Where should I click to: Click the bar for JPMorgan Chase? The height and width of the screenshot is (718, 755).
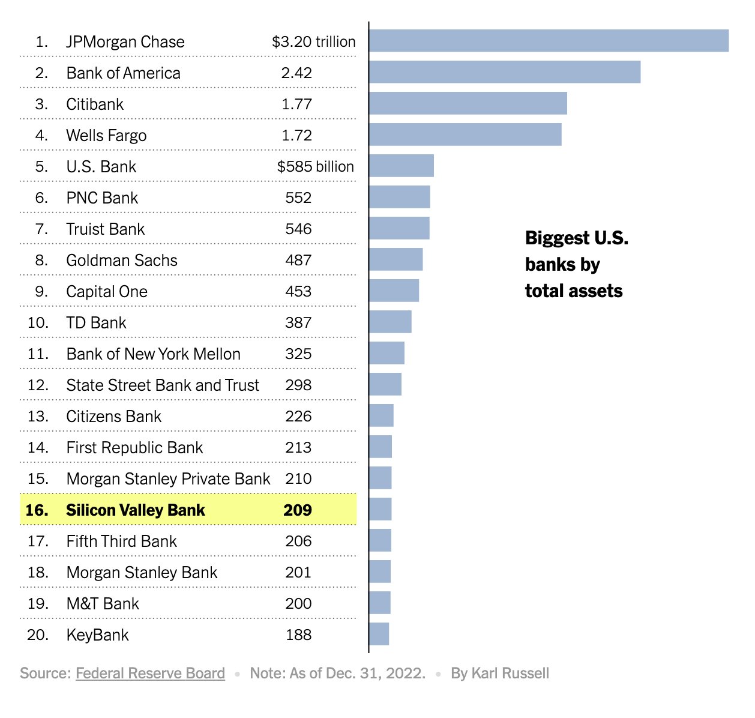pyautogui.click(x=549, y=41)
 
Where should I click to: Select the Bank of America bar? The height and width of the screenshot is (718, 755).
pyautogui.click(x=504, y=72)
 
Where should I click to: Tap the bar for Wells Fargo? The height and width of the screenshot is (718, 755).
pyautogui.click(x=465, y=134)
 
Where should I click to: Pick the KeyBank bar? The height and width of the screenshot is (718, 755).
pyautogui.click(x=379, y=634)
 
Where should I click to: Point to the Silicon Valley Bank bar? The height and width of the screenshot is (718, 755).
pyautogui.click(x=380, y=509)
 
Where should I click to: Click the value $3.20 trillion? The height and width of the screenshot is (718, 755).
pyautogui.click(x=313, y=41)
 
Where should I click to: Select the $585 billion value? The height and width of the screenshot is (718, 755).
pyautogui.click(x=315, y=166)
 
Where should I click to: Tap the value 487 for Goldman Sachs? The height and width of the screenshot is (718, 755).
pyautogui.click(x=298, y=260)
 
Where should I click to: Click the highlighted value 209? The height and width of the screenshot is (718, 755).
pyautogui.click(x=298, y=510)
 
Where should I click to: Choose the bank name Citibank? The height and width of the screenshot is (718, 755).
pyautogui.click(x=95, y=104)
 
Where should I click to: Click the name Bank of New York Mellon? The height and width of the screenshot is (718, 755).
pyautogui.click(x=153, y=354)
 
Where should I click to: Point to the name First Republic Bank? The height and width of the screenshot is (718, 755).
pyautogui.click(x=134, y=447)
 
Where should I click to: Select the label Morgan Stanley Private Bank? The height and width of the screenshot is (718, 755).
pyautogui.click(x=168, y=478)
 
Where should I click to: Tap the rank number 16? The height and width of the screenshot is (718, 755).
pyautogui.click(x=37, y=510)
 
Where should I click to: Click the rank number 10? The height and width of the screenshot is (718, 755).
pyautogui.click(x=38, y=322)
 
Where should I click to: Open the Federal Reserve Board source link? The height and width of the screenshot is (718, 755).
pyautogui.click(x=150, y=673)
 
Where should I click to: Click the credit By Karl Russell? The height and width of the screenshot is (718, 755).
pyautogui.click(x=500, y=673)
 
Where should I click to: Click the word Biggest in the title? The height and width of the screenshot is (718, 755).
pyautogui.click(x=556, y=238)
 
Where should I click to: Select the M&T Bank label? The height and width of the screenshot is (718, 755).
pyautogui.click(x=103, y=603)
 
